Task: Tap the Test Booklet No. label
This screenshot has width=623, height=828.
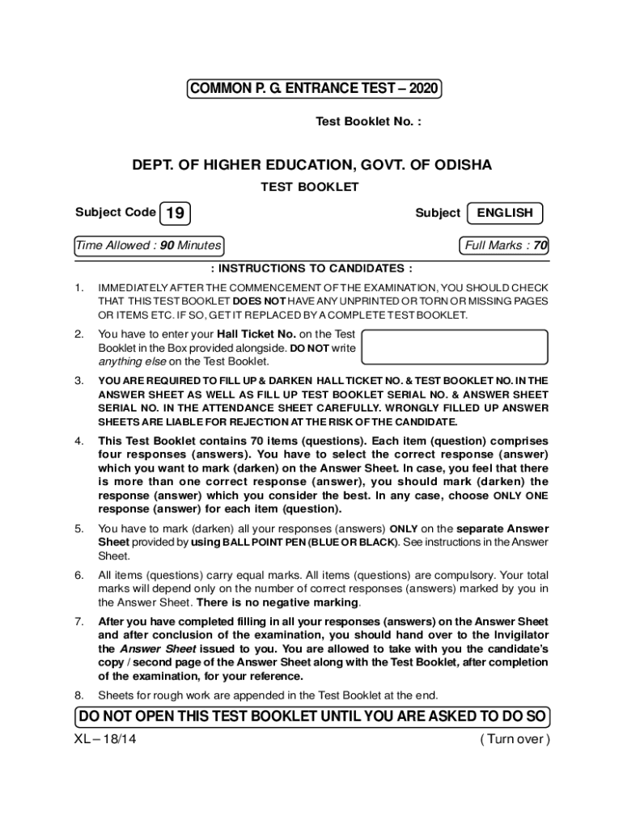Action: click(368, 122)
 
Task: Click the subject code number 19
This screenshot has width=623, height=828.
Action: click(176, 213)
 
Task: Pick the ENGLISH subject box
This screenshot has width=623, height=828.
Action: click(505, 213)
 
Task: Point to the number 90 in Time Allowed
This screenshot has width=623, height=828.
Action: click(167, 245)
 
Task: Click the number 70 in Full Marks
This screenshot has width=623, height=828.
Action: click(540, 245)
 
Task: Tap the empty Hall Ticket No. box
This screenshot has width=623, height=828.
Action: click(455, 346)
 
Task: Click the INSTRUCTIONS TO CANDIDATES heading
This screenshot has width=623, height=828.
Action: click(311, 268)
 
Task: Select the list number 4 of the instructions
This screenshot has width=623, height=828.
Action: click(79, 441)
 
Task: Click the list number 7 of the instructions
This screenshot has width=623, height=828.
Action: click(79, 622)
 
